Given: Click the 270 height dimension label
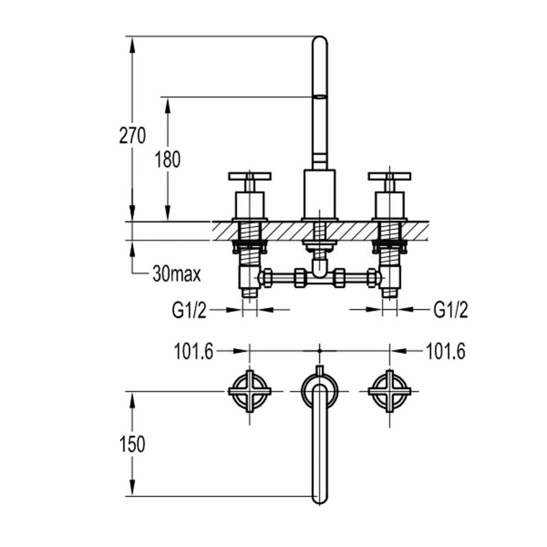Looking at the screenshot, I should click(132, 136).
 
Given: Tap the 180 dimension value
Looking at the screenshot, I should click(168, 160).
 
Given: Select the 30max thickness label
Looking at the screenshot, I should click(176, 275).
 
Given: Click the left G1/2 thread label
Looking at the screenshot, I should click(190, 311).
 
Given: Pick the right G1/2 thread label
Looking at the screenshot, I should click(451, 311).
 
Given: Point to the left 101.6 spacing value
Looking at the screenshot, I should click(193, 351).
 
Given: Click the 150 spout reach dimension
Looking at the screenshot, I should click(132, 444).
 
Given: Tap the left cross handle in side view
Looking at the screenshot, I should click(250, 176).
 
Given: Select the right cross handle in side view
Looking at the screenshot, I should click(390, 176).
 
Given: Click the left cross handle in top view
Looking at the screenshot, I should click(250, 391).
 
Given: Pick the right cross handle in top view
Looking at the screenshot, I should click(390, 391).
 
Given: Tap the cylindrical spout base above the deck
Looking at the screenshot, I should click(320, 194).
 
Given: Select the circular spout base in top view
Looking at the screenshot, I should click(320, 389).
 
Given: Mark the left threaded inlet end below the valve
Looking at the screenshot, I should click(250, 292).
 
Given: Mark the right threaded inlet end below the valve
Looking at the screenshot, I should click(390, 292).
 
